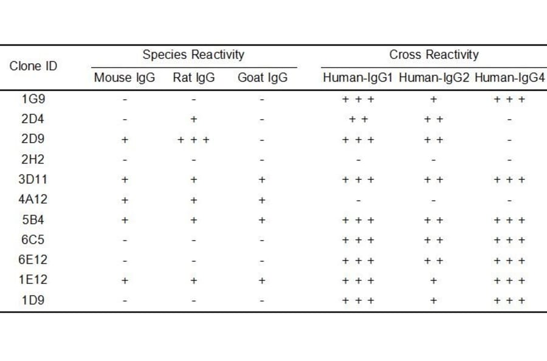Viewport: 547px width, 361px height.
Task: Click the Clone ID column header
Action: [x=33, y=66]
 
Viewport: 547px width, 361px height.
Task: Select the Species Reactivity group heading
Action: [x=193, y=55]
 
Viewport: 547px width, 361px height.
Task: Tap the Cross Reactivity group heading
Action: [x=434, y=55]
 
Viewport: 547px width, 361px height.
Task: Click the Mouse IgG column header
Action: [x=125, y=78]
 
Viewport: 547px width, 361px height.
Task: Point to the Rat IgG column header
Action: [x=193, y=78]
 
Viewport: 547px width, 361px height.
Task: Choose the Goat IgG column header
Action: [x=263, y=78]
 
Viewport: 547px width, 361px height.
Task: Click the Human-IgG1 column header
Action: [x=359, y=78]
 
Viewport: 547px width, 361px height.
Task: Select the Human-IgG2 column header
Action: [x=434, y=78]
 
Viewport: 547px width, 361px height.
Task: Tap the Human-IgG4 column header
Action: [x=509, y=78]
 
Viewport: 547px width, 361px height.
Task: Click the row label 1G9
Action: [x=33, y=99]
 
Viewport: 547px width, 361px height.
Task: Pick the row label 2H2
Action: [x=33, y=160]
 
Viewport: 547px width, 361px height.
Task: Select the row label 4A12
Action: [x=33, y=200]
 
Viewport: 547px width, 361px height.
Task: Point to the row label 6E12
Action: [x=33, y=260]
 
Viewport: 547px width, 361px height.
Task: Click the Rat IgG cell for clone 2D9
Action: [x=193, y=140]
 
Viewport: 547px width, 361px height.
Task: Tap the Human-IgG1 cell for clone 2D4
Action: [x=359, y=120]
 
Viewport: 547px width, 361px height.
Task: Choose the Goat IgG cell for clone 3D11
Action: [x=263, y=180]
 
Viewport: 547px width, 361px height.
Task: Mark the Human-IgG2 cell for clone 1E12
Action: [x=434, y=280]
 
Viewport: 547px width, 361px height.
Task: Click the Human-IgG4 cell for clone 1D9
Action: [x=509, y=300]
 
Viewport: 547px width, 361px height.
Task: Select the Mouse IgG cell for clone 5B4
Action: [x=125, y=220]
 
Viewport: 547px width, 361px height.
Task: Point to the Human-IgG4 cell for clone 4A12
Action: [x=509, y=200]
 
